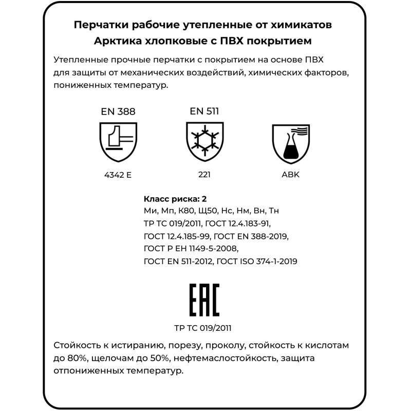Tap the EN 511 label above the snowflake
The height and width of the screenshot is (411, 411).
[x=204, y=110]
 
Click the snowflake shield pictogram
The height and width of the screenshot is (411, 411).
[x=204, y=141]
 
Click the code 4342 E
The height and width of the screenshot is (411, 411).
[x=118, y=175]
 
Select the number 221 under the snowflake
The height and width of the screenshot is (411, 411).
[x=204, y=175]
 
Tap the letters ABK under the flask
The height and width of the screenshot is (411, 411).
[x=290, y=175]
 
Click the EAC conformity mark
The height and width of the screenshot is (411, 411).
[x=206, y=300]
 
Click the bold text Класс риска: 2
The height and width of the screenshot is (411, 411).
[x=175, y=199]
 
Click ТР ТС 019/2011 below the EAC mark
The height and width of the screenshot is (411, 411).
[x=206, y=328]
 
